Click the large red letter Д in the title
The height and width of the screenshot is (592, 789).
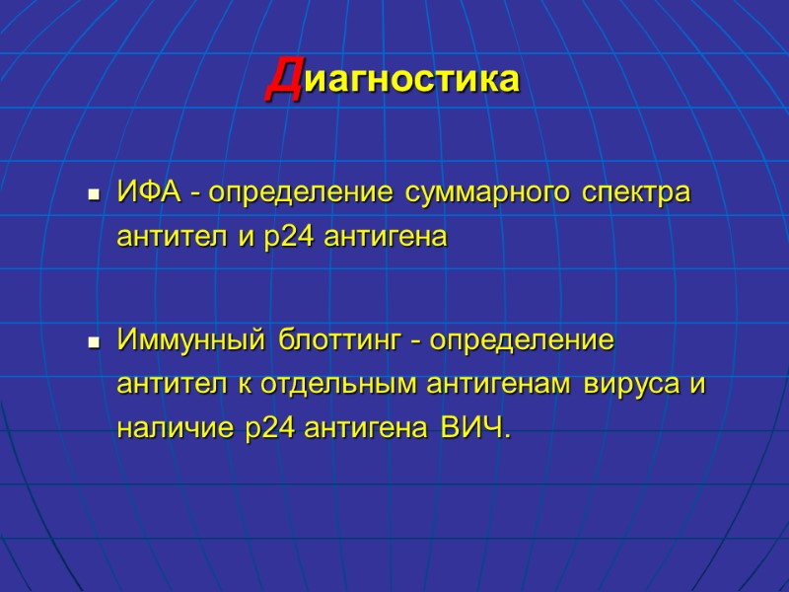(285, 79)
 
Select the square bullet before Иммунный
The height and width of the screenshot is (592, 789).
(95, 344)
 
